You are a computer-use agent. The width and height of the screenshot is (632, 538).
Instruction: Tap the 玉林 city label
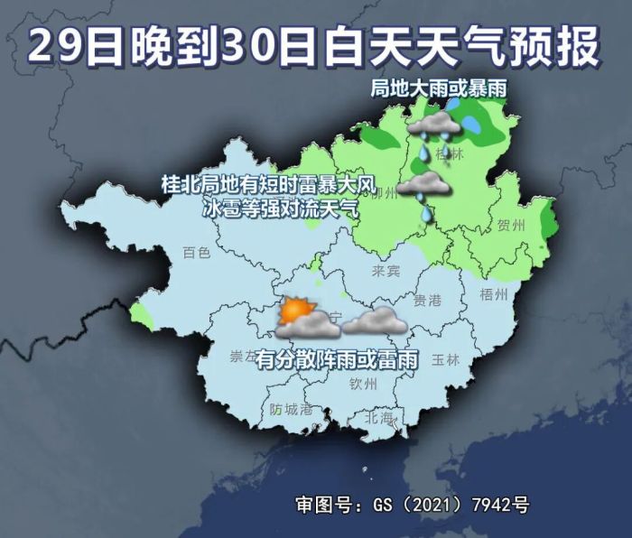coord(446,359)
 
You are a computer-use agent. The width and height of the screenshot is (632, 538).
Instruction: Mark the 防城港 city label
coord(291,409)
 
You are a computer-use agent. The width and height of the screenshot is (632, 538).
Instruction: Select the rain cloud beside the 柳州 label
coord(423,186)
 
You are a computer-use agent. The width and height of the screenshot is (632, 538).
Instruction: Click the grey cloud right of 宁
coord(373,320)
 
